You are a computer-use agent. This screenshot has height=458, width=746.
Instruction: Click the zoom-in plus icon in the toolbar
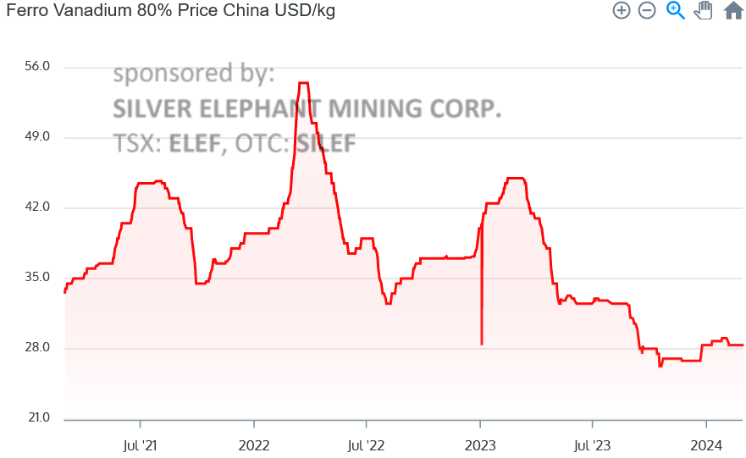(x=622, y=11)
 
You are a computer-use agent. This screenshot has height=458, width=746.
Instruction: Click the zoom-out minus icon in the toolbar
(x=647, y=11)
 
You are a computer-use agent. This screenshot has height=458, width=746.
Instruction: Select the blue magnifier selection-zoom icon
(x=675, y=11)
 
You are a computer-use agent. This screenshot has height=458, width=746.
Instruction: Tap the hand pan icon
(x=703, y=11)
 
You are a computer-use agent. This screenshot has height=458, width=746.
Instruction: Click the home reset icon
(x=733, y=11)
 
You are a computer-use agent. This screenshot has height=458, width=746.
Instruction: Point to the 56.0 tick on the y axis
(x=40, y=67)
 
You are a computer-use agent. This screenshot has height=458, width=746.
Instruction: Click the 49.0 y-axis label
(x=40, y=137)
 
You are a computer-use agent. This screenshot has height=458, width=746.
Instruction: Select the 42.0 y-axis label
(x=40, y=207)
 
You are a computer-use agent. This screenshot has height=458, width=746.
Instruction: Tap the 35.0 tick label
(x=40, y=278)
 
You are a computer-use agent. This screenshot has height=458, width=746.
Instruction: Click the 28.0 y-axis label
(x=40, y=348)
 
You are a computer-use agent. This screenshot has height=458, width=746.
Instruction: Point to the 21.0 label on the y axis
(x=40, y=418)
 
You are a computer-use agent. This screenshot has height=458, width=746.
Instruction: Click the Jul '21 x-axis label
(x=140, y=444)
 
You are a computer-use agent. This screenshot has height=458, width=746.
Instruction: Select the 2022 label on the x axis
(x=253, y=444)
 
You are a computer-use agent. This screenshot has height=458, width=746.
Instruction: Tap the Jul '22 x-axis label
(x=366, y=444)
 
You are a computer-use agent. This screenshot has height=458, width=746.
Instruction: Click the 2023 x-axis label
(x=480, y=444)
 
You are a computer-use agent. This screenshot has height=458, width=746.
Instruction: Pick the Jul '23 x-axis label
(x=592, y=444)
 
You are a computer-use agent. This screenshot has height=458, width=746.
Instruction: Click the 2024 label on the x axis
(x=706, y=444)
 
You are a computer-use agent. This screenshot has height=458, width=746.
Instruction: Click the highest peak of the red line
(x=303, y=83)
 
